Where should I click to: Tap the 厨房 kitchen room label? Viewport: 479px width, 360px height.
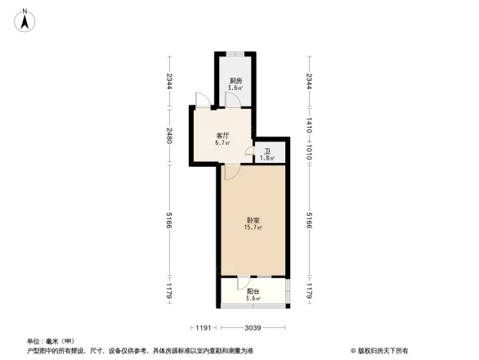235,80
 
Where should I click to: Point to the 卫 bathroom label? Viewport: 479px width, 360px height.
267,151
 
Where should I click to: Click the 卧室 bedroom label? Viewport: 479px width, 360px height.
252,220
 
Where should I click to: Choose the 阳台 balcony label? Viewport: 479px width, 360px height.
253,291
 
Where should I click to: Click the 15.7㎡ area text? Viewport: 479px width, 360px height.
252,228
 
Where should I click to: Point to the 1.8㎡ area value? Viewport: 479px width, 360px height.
267,158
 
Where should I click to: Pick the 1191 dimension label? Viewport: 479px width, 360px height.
204,327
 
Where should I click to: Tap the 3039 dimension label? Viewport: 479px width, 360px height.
253,327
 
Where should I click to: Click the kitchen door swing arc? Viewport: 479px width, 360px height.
231,99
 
